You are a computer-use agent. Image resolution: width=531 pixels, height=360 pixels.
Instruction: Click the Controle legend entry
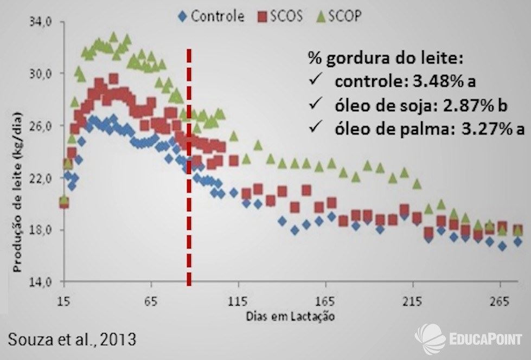click(x=212, y=16)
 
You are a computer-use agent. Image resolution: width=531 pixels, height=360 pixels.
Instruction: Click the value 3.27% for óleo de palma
click(x=479, y=128)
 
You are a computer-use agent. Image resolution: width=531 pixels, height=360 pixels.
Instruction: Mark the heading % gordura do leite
click(x=386, y=58)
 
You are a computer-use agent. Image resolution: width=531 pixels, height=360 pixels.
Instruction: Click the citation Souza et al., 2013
click(x=72, y=340)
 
